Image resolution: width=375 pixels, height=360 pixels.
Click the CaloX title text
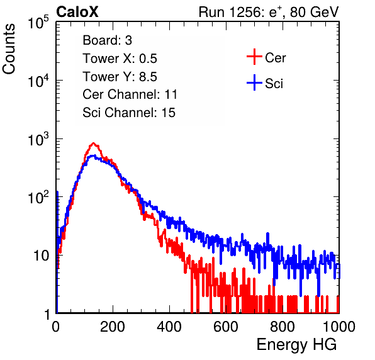(77, 12)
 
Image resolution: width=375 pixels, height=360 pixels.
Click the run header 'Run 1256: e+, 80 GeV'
(269, 12)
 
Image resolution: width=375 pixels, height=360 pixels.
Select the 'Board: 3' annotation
(107, 40)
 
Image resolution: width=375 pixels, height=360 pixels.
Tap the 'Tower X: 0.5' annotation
(120, 59)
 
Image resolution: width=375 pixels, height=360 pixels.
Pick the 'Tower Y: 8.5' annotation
(120, 77)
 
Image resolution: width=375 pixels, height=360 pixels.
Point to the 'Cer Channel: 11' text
(130, 94)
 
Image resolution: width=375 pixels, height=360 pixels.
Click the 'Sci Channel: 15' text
(129, 113)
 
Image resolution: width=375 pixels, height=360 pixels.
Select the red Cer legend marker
(254, 57)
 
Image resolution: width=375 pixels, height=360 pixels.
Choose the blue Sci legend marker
(254, 83)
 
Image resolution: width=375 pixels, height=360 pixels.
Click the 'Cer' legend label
(276, 58)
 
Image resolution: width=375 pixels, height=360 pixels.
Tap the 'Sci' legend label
(274, 84)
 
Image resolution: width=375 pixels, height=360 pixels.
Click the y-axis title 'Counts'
(9, 49)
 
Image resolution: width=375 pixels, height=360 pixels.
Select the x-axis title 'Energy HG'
(296, 345)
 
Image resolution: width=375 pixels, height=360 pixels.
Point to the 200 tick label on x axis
(113, 327)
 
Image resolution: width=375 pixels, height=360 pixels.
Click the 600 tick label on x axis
(226, 327)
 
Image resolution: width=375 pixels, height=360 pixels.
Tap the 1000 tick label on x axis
(339, 327)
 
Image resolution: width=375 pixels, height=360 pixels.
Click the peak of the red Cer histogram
(94, 143)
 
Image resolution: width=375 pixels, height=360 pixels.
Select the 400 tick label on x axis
(169, 327)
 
